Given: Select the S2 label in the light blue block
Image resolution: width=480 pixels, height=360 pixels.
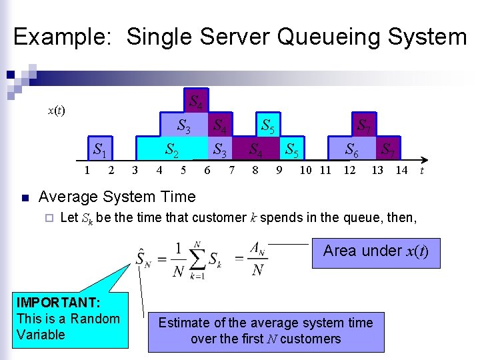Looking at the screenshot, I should pyautogui.click(x=172, y=150).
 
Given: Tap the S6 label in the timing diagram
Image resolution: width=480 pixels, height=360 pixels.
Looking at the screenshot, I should pyautogui.click(x=351, y=151).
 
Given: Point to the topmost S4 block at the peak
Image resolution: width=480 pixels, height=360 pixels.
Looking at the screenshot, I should pyautogui.click(x=196, y=102).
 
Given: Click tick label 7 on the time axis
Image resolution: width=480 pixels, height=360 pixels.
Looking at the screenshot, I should pyautogui.click(x=231, y=170).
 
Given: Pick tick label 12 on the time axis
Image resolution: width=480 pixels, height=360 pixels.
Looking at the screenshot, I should pyautogui.click(x=349, y=170).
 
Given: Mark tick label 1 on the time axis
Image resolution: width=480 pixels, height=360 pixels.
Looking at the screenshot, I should pyautogui.click(x=87, y=170).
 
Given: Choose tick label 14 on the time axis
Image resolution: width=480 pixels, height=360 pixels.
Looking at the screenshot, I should pyautogui.click(x=401, y=170).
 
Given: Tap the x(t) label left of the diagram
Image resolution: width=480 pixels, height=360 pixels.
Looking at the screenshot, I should pyautogui.click(x=56, y=110).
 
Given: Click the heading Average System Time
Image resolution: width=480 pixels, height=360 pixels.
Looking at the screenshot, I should pyautogui.click(x=117, y=197).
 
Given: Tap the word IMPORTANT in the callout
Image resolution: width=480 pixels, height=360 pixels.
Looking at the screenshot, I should pyautogui.click(x=59, y=303).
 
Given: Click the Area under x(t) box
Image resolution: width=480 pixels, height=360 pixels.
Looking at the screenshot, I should pyautogui.click(x=375, y=251).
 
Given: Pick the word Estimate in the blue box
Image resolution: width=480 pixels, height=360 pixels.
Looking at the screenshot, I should pyautogui.click(x=183, y=323).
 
